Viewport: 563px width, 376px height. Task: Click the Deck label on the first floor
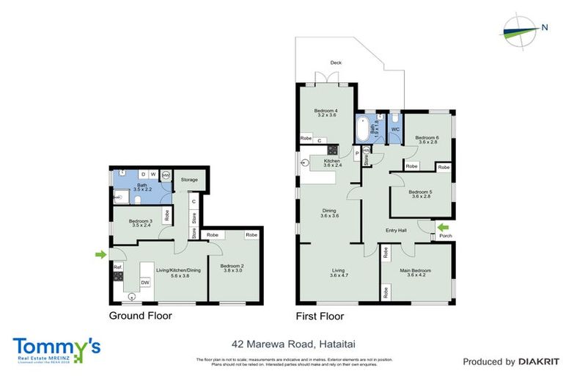(336, 63)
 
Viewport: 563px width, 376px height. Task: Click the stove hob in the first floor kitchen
(332, 150)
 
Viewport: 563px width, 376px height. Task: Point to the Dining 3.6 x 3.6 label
(329, 214)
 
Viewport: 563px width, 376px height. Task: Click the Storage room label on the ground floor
(190, 178)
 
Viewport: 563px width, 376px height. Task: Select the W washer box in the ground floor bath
(153, 174)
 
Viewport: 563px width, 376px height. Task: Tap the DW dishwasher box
(145, 282)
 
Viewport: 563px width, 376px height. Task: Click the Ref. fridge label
(117, 266)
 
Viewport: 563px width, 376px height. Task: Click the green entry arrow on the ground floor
(100, 255)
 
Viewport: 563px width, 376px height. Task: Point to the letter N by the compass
(544, 28)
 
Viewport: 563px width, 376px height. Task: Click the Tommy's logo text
(56, 346)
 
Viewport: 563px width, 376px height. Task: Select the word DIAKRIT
(539, 361)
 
